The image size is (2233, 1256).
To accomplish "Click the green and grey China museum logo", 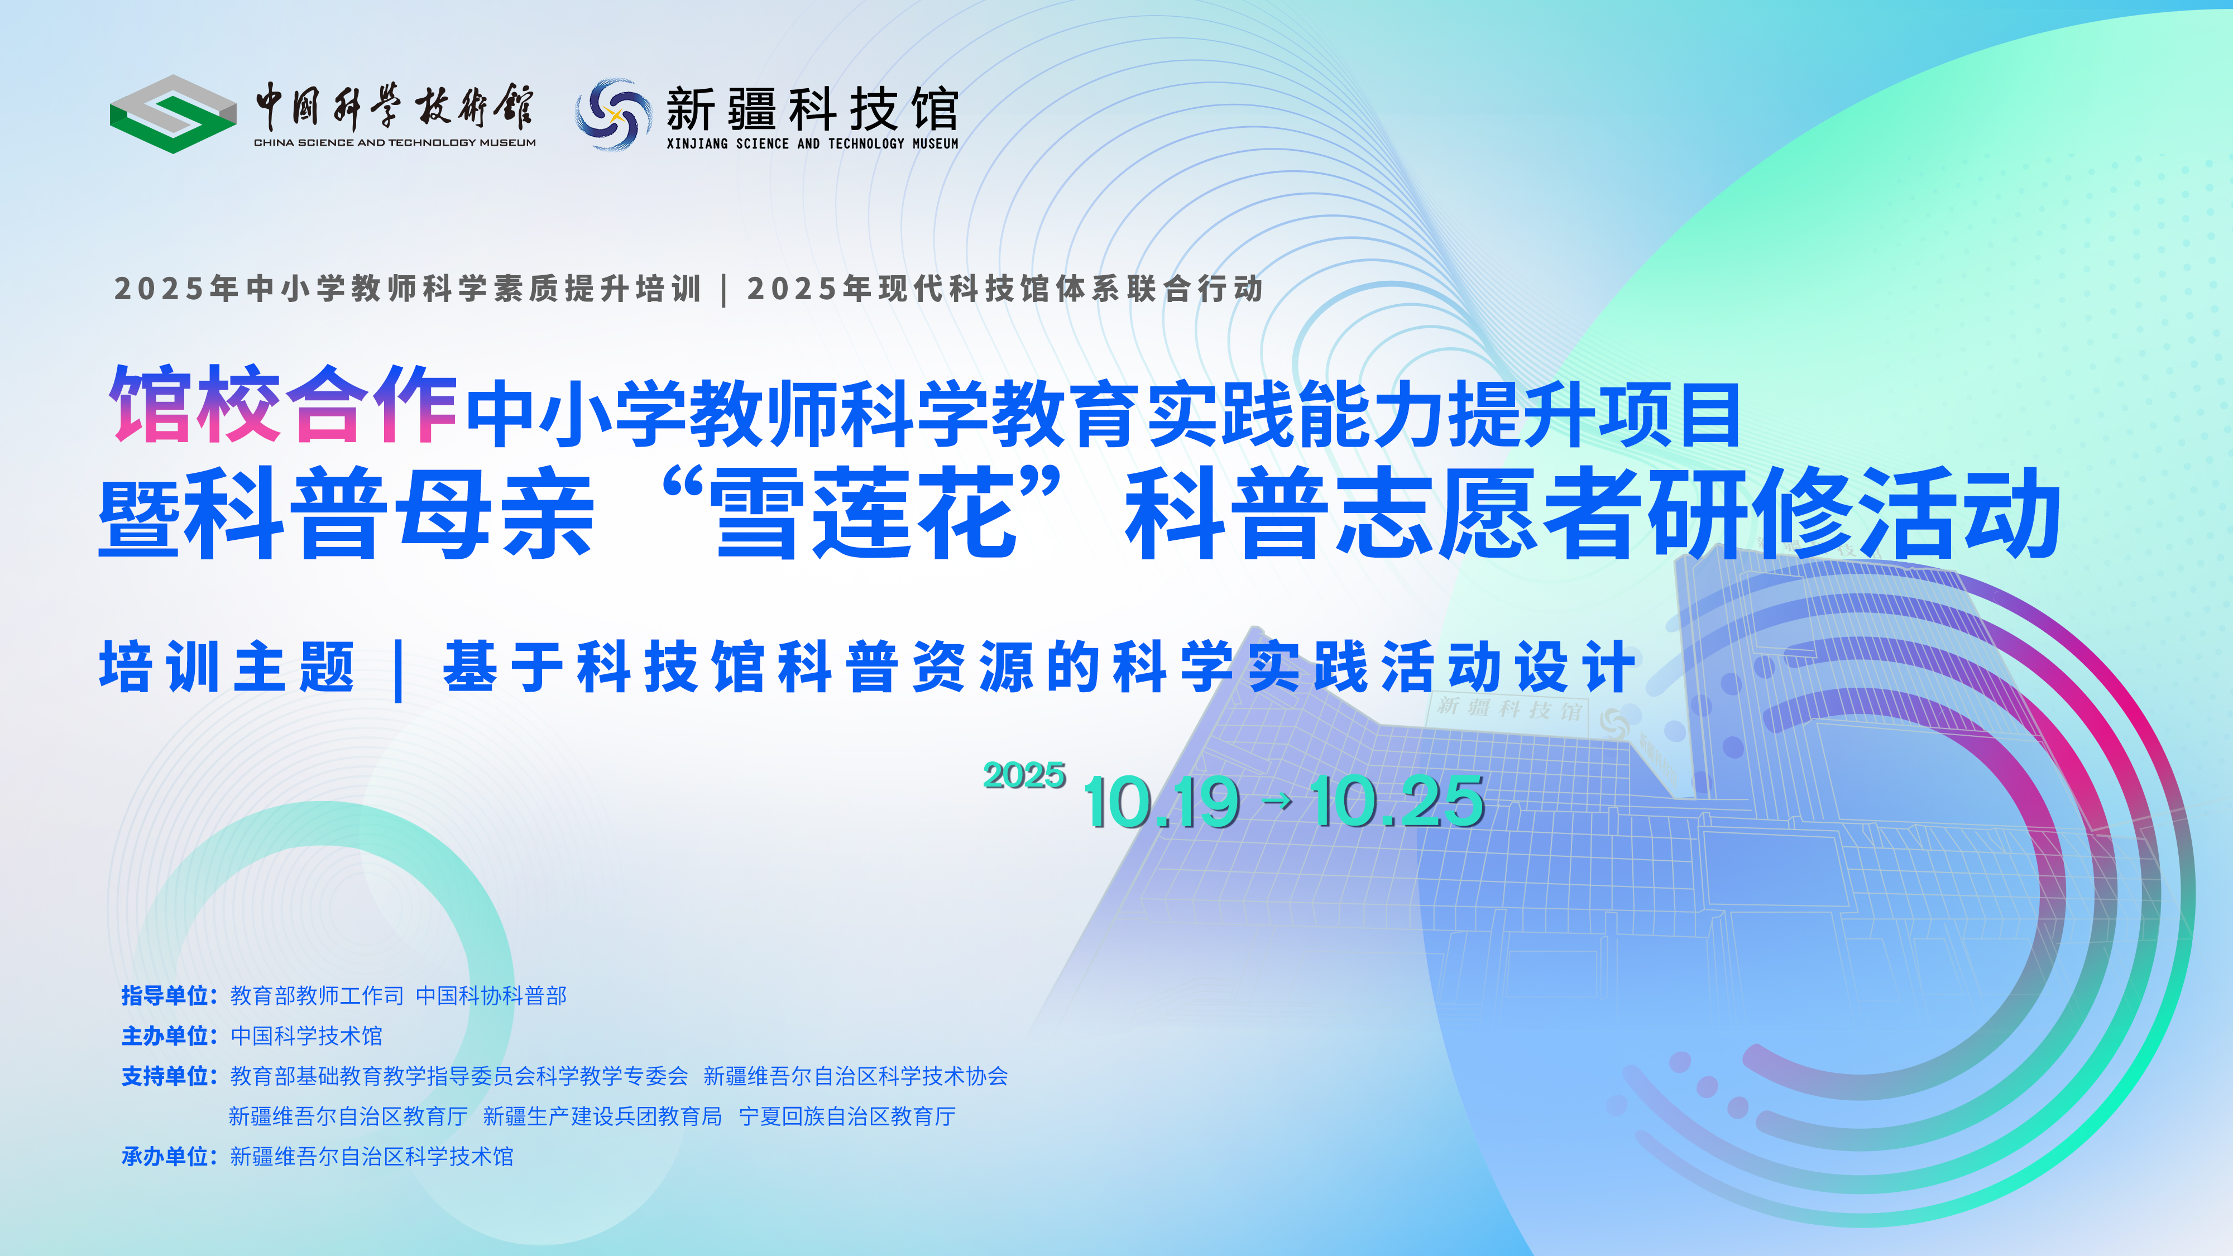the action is [x=172, y=113].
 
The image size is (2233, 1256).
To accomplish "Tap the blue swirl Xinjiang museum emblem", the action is [x=614, y=113].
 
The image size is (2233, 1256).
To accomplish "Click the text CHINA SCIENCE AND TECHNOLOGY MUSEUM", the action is [x=395, y=143].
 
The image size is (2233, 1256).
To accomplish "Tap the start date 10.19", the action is [x=1162, y=802].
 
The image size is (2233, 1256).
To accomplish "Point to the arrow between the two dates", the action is [x=1277, y=802].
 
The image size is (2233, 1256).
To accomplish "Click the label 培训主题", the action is [x=227, y=667].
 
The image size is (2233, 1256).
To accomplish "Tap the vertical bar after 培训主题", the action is [x=399, y=669].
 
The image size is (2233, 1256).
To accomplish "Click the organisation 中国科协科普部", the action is [x=491, y=996].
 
